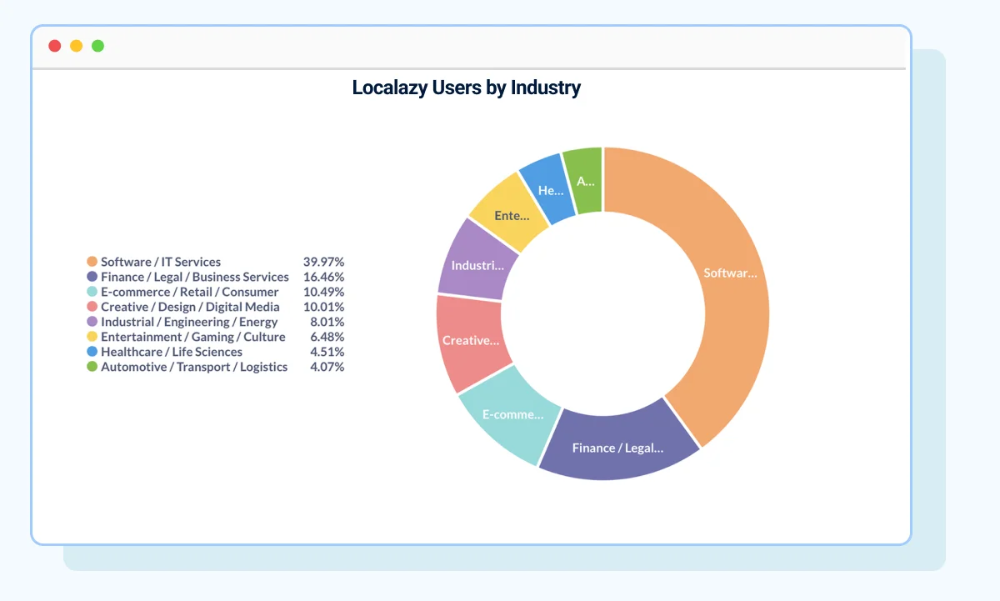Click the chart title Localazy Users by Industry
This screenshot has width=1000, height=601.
click(x=466, y=88)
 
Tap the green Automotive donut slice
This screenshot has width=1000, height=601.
click(x=585, y=179)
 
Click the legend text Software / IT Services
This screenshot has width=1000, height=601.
click(x=161, y=262)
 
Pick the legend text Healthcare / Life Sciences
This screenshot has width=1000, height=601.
click(x=172, y=352)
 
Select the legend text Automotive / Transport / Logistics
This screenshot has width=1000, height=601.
click(x=194, y=367)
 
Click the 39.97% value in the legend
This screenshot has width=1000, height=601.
click(x=323, y=262)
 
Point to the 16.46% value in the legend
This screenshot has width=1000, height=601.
click(x=323, y=277)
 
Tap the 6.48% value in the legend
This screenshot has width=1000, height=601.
click(x=327, y=337)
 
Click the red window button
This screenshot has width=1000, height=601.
click(x=55, y=46)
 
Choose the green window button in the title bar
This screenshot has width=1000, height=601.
click(x=97, y=46)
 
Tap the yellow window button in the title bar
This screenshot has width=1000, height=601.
click(x=76, y=46)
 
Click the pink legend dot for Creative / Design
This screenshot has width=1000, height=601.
click(x=92, y=307)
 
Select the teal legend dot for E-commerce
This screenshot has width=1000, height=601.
click(x=92, y=292)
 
